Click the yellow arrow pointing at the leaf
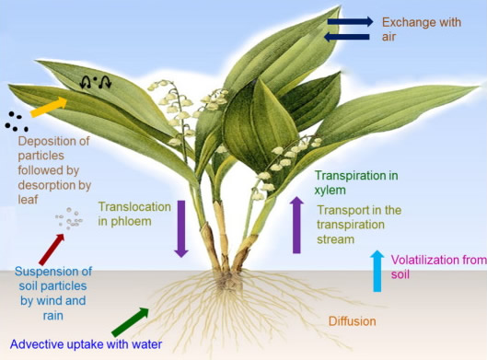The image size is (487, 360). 49,107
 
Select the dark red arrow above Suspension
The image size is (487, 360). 52,250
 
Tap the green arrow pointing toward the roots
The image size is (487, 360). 130,322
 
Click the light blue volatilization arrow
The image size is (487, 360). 377,271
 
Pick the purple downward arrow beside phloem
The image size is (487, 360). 181,229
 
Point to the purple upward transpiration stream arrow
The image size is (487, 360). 296,225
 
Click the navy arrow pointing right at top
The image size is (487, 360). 351,21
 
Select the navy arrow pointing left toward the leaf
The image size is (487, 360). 347,37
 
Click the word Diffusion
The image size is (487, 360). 353,321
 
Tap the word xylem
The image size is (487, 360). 330,191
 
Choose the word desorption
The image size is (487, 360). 47,185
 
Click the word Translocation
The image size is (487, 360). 134,207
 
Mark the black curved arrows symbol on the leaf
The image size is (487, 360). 96,82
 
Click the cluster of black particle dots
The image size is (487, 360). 17,122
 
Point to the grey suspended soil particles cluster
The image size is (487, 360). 69,218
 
